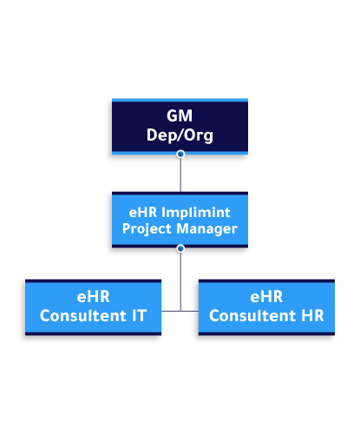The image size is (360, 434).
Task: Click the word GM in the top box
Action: pyautogui.click(x=180, y=116)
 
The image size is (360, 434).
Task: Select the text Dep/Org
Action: pyautogui.click(x=180, y=135)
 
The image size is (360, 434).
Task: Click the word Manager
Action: pyautogui.click(x=207, y=229)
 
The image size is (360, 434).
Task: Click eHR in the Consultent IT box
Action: pyautogui.click(x=93, y=297)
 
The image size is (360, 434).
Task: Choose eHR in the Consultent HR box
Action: pyautogui.click(x=266, y=297)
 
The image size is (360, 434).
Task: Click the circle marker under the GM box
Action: pyautogui.click(x=180, y=155)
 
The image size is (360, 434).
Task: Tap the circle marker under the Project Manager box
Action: pyautogui.click(x=180, y=248)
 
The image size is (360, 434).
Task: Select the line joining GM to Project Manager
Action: pyautogui.click(x=180, y=174)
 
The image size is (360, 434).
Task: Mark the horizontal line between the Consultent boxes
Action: pyautogui.click(x=180, y=310)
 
